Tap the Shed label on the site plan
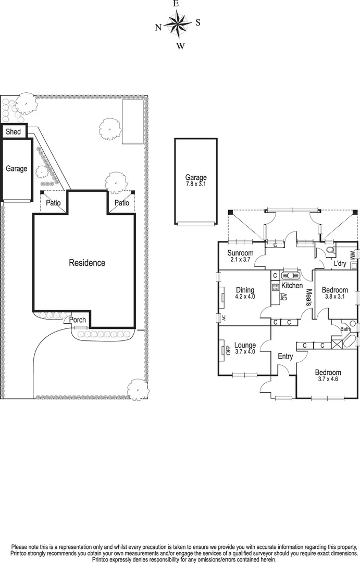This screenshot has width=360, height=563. [x=13, y=132]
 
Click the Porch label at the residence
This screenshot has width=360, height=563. [x=78, y=320]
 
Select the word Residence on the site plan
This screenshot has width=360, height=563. [x=87, y=263]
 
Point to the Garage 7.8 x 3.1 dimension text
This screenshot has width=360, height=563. [x=196, y=184]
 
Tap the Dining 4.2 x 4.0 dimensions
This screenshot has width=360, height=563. [x=245, y=298]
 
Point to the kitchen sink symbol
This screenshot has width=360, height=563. [x=289, y=275]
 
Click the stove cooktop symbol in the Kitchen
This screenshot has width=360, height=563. [x=275, y=286]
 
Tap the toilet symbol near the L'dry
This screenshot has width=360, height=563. [x=328, y=251]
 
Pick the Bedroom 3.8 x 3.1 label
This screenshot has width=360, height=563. [x=334, y=293]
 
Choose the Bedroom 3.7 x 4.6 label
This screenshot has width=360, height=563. [x=328, y=376]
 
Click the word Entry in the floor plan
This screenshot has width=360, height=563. [x=285, y=357]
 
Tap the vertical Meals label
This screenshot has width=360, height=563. [x=308, y=298]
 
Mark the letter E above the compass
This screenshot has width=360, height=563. [x=176, y=4]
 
